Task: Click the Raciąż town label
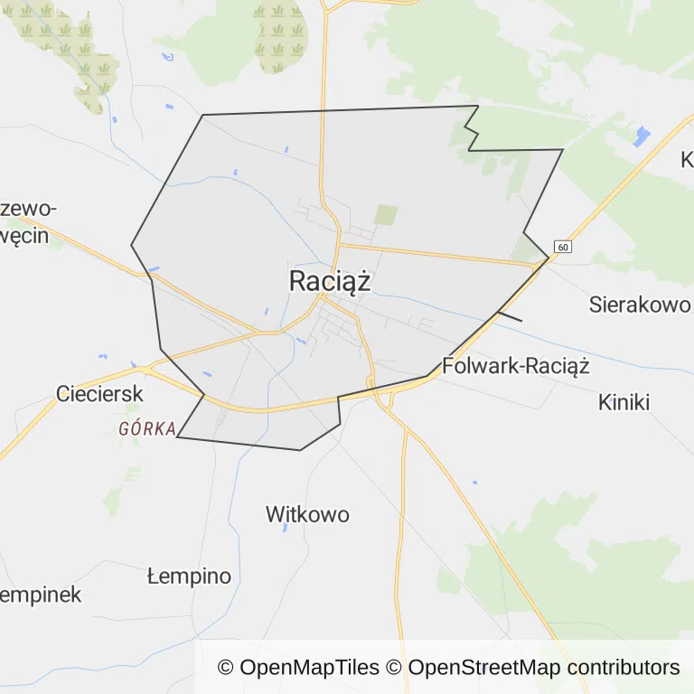click(x=330, y=281)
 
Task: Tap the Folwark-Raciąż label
click(x=515, y=366)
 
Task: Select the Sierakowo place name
click(x=639, y=304)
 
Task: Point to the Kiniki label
click(x=624, y=402)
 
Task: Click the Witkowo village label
click(x=307, y=515)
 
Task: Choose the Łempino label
click(x=189, y=577)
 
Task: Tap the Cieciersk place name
click(x=100, y=394)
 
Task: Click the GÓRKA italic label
click(x=146, y=429)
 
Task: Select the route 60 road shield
click(x=563, y=247)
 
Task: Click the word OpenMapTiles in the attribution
click(x=310, y=668)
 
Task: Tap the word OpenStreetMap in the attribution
click(x=483, y=668)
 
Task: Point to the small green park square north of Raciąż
click(x=386, y=215)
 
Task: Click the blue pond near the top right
click(x=642, y=136)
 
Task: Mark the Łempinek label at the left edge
click(x=40, y=595)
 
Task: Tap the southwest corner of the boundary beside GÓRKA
click(x=178, y=437)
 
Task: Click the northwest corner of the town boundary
click(x=202, y=115)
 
